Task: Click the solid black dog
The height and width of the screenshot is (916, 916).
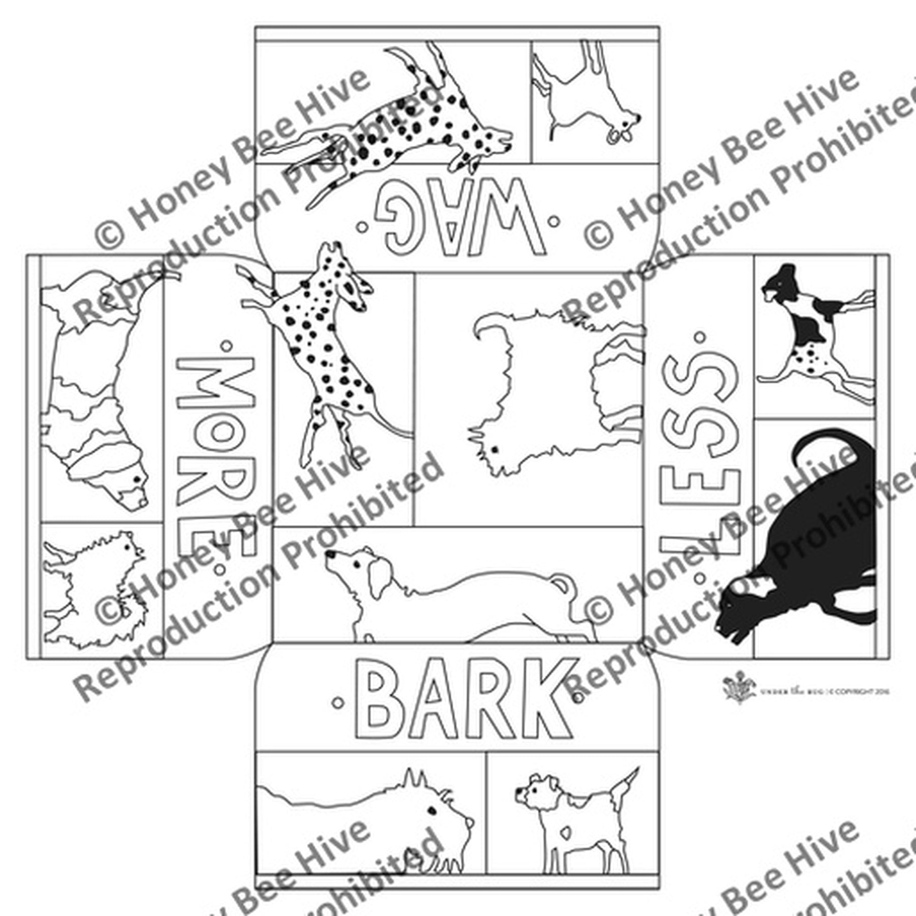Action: [809, 539]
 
